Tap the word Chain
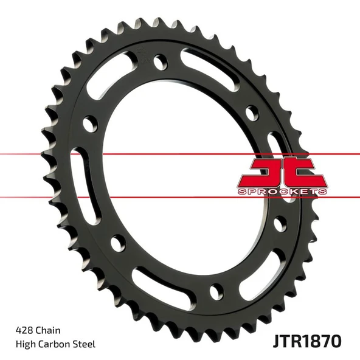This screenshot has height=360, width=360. point(48,330)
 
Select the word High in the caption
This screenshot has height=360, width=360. point(26,344)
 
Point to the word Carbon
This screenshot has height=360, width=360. point(54,344)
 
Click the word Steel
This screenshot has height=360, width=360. point(84,344)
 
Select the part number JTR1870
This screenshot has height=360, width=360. point(307,341)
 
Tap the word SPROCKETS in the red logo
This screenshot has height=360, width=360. point(282,191)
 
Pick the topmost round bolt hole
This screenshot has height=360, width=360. point(160,62)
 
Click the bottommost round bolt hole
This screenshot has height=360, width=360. point(216,291)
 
